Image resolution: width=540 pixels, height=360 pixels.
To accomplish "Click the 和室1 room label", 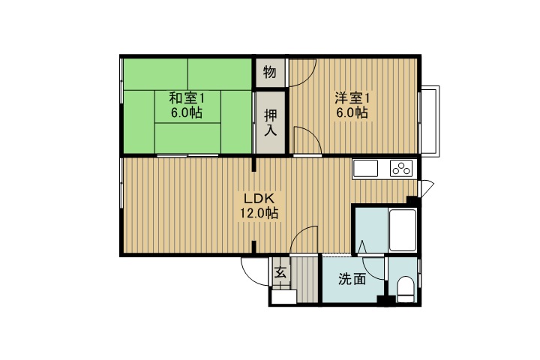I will (185, 98).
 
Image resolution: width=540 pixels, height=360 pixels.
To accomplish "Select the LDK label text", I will (259, 199).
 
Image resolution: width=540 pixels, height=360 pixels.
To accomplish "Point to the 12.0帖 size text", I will (259, 214).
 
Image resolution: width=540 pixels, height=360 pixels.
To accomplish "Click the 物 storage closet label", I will (269, 73).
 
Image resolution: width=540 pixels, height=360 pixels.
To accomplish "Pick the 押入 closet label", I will (269, 122).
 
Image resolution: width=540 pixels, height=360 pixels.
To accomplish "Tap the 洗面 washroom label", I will (352, 280).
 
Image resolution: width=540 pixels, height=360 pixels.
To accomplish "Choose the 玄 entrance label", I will (279, 273).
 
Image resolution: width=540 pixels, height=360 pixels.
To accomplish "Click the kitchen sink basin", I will (367, 169).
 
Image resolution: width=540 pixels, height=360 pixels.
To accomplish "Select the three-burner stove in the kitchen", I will (401, 169).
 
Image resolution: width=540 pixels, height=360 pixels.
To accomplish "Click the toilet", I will (405, 289).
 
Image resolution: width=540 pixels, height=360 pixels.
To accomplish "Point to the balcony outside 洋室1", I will (431, 119).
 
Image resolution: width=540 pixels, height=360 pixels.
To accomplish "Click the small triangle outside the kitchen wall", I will (427, 188).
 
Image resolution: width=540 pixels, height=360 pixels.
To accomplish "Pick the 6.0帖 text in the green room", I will (185, 113).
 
